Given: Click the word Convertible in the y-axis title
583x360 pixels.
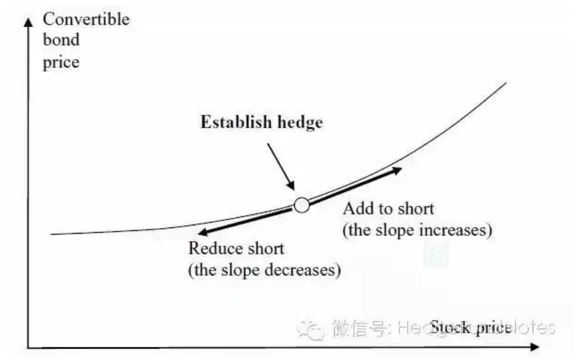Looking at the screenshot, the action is point(86,19).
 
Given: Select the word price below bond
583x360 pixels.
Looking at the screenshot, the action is point(60,63).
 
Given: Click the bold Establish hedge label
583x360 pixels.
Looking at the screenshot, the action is point(261,123).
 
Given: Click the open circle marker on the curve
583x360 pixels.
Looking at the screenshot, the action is point(301,204).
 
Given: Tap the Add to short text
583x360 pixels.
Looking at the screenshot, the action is point(388,208).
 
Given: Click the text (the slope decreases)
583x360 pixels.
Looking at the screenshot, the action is point(264,269).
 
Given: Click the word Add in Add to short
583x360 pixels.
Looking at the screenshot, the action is point(355,208).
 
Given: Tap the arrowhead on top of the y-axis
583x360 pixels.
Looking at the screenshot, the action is point(28,21).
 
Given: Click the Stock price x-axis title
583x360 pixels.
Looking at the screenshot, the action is point(471,328).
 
